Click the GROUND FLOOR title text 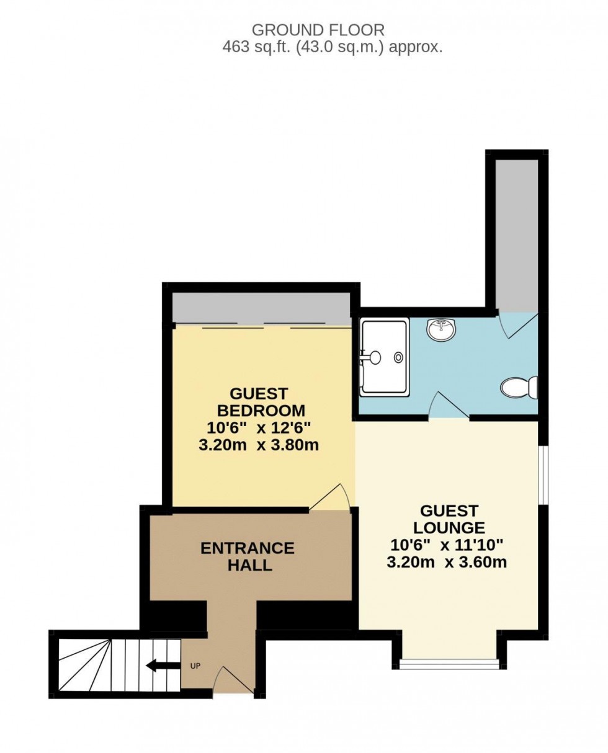point(318,29)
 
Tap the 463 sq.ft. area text point(333,47)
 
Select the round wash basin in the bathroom point(441,329)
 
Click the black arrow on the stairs point(159,666)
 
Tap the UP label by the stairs point(195,666)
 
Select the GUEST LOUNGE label point(449,519)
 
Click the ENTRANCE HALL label point(248,556)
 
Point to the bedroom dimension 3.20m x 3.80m point(258,445)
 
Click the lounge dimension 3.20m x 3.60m point(447,563)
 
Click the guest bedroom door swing point(333,498)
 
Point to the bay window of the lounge point(449,664)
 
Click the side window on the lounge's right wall point(542,475)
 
